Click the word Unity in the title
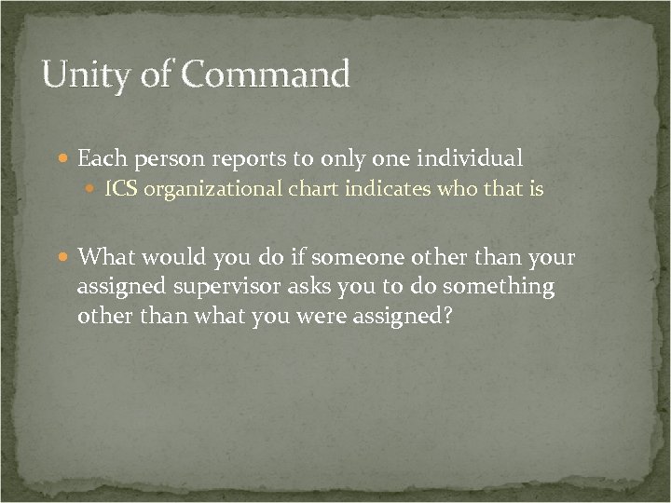point(89,75)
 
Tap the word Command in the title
point(268,75)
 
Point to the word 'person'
point(172,159)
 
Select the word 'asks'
point(311,286)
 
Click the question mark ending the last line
point(447,315)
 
